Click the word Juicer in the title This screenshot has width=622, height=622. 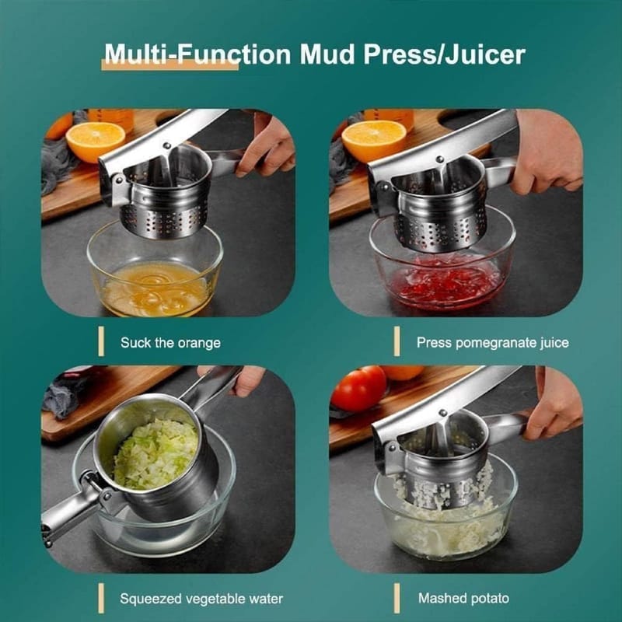point(485,54)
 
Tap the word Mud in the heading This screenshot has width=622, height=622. point(327,54)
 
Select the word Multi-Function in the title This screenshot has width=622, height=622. point(197,54)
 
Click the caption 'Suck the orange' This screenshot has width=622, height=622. point(170,342)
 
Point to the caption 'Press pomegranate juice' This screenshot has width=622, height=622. point(493,342)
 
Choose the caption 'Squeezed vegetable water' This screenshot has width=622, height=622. point(201,599)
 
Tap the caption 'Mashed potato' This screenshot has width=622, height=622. point(463,598)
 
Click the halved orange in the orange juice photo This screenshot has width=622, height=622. point(95,142)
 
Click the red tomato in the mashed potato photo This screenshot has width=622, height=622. point(358,388)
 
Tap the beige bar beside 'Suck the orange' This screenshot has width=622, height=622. point(101,341)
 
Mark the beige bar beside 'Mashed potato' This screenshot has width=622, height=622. point(397,598)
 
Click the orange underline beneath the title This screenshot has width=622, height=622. point(169,65)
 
